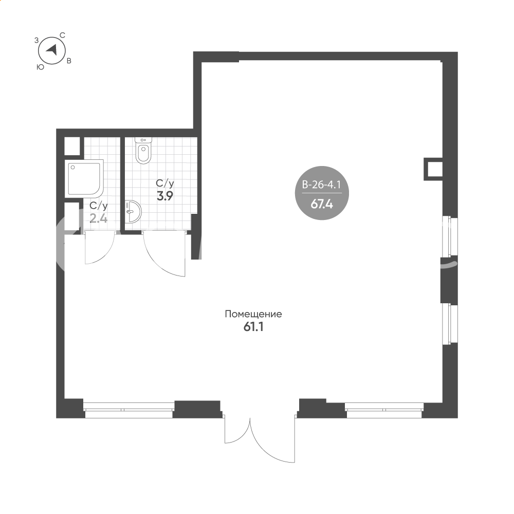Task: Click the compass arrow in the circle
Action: click(52, 50)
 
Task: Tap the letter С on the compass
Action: click(62, 35)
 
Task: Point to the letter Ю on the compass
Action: click(40, 67)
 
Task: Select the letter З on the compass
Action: click(36, 40)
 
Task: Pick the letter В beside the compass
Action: click(69, 61)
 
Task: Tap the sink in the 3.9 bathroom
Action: click(133, 212)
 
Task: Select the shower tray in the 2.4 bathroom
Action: click(84, 179)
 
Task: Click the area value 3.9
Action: click(165, 196)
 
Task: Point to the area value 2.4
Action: click(99, 218)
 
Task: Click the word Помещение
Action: click(253, 314)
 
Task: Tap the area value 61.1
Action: click(253, 327)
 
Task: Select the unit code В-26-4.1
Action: click(322, 185)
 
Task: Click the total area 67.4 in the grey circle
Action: click(322, 204)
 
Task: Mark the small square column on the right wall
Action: click(433, 169)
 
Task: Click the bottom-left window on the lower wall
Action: click(128, 410)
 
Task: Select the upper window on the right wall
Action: click(449, 236)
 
